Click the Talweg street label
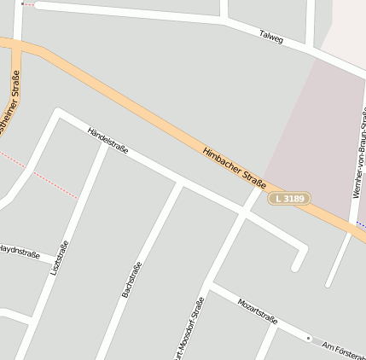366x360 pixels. pos(271,37)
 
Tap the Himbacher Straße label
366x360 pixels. pos(235,168)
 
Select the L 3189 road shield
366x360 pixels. pos(289,199)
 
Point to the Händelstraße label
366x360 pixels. pos(108,140)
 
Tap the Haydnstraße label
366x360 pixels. pos(19,251)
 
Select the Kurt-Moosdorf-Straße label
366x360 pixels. pos(189,328)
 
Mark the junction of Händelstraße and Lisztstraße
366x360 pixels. pos(106,146)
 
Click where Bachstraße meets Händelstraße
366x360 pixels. pos(180,184)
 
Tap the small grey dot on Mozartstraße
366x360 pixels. pos(309,338)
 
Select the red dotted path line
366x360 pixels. pos(51,182)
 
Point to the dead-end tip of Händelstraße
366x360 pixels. pos(296,267)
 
